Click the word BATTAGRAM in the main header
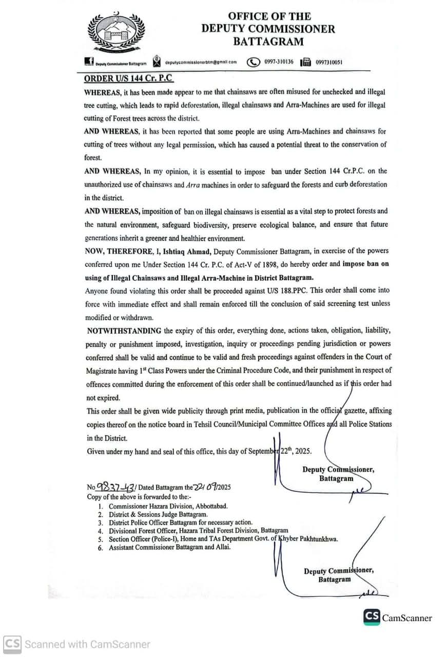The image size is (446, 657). pos(268,42)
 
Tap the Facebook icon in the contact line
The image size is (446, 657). pos(88,62)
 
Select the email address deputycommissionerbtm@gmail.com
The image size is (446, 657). pos(201,62)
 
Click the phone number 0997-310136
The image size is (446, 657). pos(279,62)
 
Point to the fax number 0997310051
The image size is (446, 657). pos(329,63)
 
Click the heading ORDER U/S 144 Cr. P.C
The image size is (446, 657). pos(129,79)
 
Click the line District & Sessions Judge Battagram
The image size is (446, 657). pos(158,514)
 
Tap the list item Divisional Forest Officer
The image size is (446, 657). pos(198,530)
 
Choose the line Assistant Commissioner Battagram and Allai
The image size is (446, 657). pos(169,547)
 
